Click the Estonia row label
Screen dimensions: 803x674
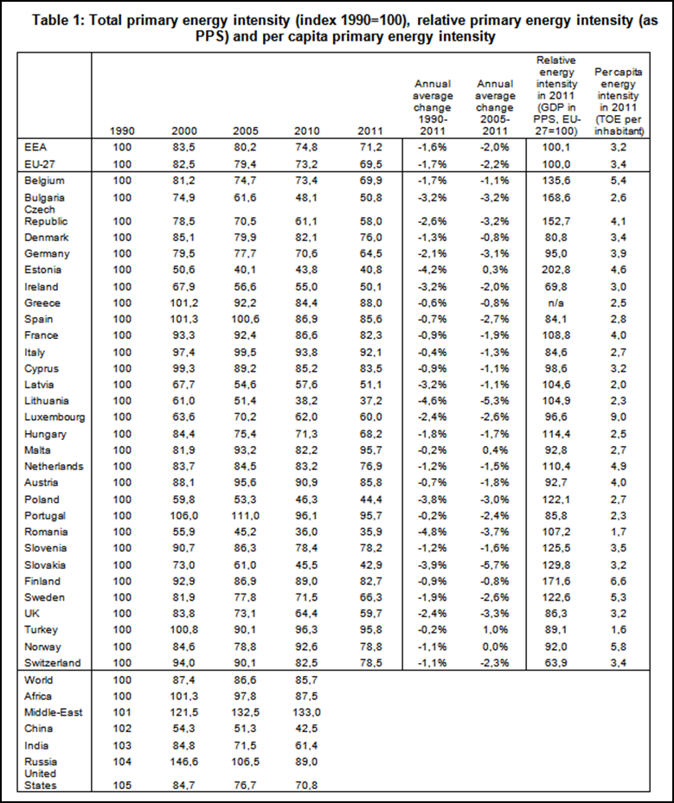42,270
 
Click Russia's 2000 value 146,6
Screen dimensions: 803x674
183,761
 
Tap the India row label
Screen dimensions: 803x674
39,744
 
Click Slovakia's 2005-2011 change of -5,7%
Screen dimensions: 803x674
490,564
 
